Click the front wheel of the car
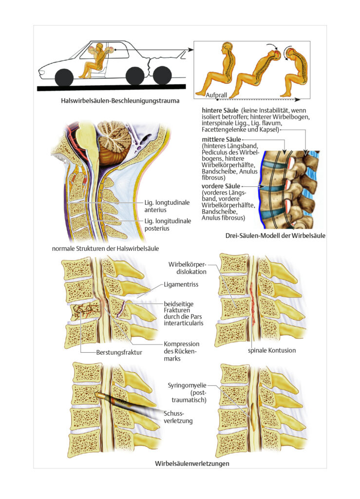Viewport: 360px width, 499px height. point(64,78)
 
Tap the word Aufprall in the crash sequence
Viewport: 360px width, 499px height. point(216,95)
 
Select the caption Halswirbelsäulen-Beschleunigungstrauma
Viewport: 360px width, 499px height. point(120,101)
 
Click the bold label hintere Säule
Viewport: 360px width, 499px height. point(220,111)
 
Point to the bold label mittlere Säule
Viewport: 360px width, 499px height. point(221,139)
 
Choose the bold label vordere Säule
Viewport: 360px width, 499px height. point(221,186)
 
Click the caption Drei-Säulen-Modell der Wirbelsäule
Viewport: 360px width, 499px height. point(275,236)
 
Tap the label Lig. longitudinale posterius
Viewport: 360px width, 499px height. point(168,225)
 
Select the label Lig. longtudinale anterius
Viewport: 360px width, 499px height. point(167,206)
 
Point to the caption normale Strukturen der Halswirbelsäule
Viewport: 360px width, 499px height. point(105,249)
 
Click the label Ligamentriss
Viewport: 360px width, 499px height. point(181,285)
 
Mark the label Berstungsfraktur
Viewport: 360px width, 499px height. point(119,353)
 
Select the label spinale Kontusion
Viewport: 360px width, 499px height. point(272,350)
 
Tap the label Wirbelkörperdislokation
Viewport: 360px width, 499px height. point(188,268)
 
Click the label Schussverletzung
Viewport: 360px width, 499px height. point(178,417)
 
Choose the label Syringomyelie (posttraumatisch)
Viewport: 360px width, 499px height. point(187,393)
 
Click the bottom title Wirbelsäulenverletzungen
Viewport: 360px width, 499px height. point(192,463)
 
